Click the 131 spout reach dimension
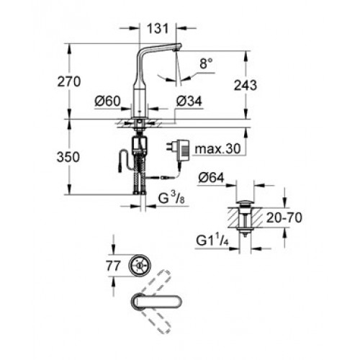tap(158, 28)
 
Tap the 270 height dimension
tap(69, 81)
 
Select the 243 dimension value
tap(246, 85)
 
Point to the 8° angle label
tap(206, 63)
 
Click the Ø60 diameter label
tap(108, 102)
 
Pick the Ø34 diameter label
tap(189, 102)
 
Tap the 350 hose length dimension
tap(68, 157)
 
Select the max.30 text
tap(217, 149)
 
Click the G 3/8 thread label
tap(171, 198)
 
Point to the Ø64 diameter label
tap(212, 178)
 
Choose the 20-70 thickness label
tap(284, 217)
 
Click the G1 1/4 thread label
tap(212, 240)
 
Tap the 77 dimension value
tap(113, 266)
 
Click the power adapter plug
tap(177, 151)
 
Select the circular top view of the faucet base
tap(140, 265)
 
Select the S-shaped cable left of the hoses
tap(125, 161)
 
